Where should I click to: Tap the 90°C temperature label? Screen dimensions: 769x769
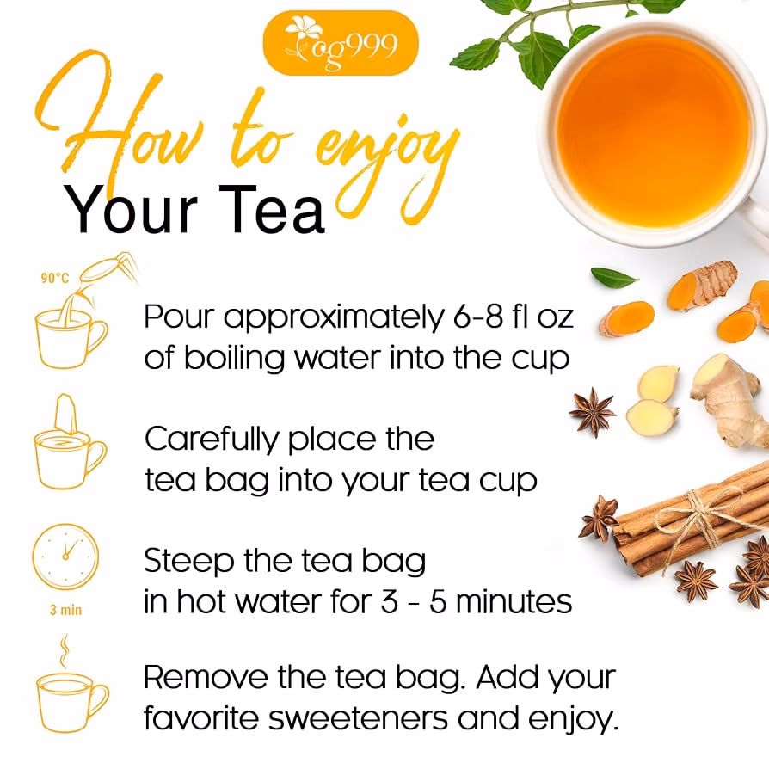coord(54,278)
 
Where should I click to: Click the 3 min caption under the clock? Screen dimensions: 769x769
coord(65,610)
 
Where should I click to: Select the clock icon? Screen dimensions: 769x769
coord(65,557)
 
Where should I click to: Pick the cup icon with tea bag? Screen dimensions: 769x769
coord(69,442)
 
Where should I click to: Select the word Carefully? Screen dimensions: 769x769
coord(212,440)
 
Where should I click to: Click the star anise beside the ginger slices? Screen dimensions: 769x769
coord(593,411)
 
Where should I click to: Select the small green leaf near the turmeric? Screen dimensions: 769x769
coord(613,277)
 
